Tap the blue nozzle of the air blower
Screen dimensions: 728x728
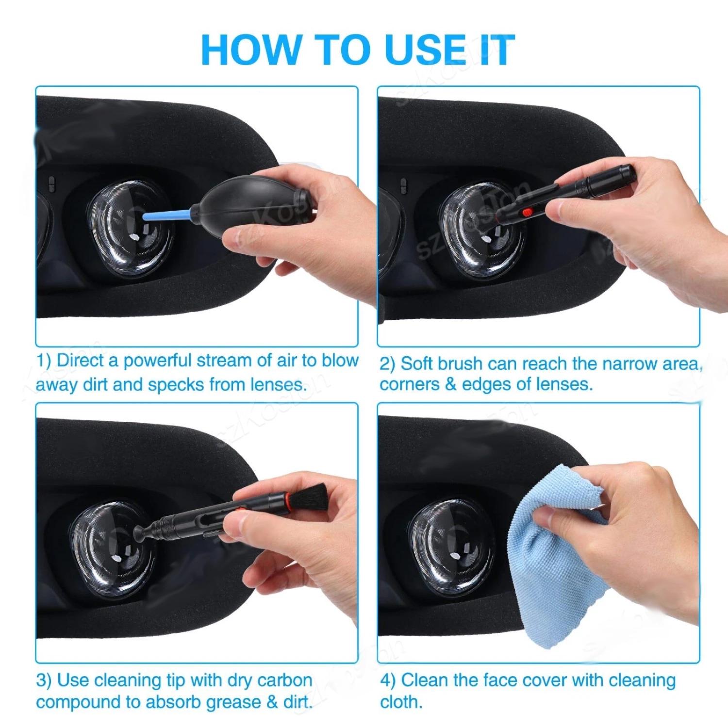coord(167,214)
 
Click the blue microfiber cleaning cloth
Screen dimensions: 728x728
coord(558,558)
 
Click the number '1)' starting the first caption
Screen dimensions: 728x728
coord(44,361)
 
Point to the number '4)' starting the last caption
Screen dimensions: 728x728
coord(388,680)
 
